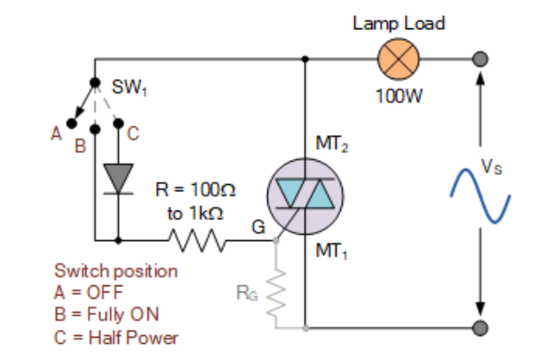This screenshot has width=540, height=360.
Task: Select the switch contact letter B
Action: point(78,147)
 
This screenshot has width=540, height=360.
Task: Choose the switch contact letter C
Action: point(133,135)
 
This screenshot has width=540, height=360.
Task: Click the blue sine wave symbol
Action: point(480,195)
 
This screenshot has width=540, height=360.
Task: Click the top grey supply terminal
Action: point(480,60)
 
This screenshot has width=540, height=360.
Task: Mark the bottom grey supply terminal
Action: point(480,328)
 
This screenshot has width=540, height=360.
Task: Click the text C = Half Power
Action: point(116,338)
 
